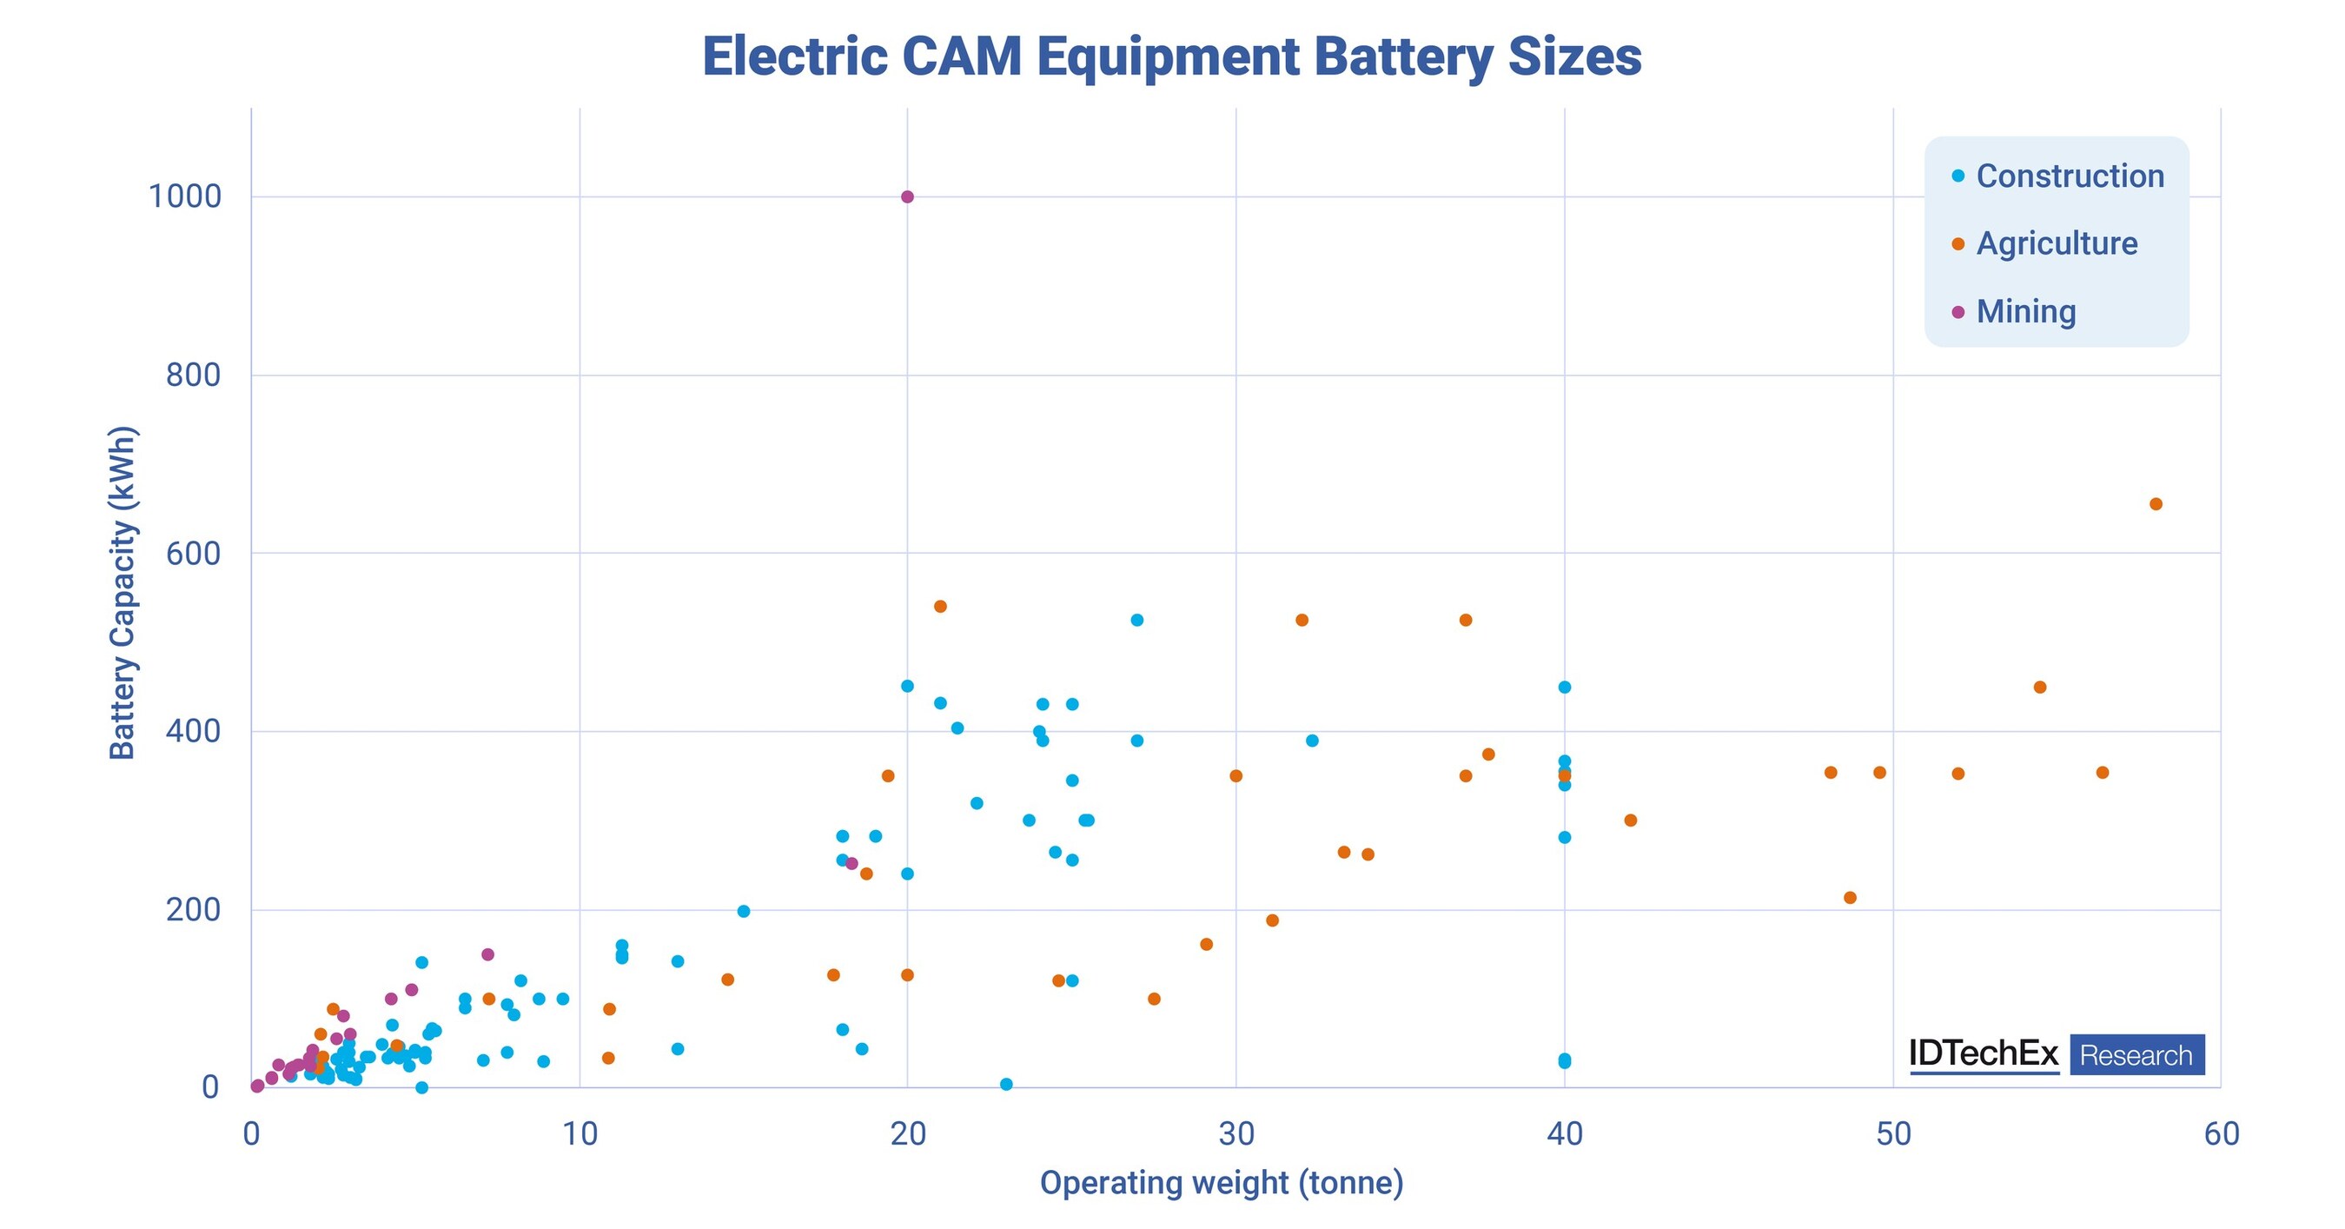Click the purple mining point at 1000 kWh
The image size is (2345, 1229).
click(x=907, y=196)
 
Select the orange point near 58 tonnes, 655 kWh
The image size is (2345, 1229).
click(x=2156, y=504)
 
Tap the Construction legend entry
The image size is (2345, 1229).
click(x=2070, y=176)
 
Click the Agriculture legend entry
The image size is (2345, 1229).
click(x=2057, y=244)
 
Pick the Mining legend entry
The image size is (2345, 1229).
click(x=2025, y=311)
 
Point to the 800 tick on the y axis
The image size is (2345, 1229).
click(x=193, y=375)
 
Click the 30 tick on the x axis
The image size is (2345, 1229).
click(x=1236, y=1134)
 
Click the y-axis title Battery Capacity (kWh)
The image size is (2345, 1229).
click(x=122, y=592)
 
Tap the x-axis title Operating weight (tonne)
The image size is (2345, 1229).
click(x=1222, y=1183)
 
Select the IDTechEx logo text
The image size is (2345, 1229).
click(x=1984, y=1054)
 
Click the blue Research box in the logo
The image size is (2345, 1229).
click(x=2136, y=1055)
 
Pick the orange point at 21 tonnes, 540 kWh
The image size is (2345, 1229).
click(x=940, y=607)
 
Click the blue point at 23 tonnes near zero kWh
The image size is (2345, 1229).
click(x=1006, y=1084)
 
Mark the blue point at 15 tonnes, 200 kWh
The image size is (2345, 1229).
click(x=744, y=911)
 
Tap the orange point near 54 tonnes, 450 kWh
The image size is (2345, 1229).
click(x=2040, y=688)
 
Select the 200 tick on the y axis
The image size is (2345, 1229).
click(x=193, y=909)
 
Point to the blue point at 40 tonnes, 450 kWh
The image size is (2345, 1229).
click(x=1565, y=688)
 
